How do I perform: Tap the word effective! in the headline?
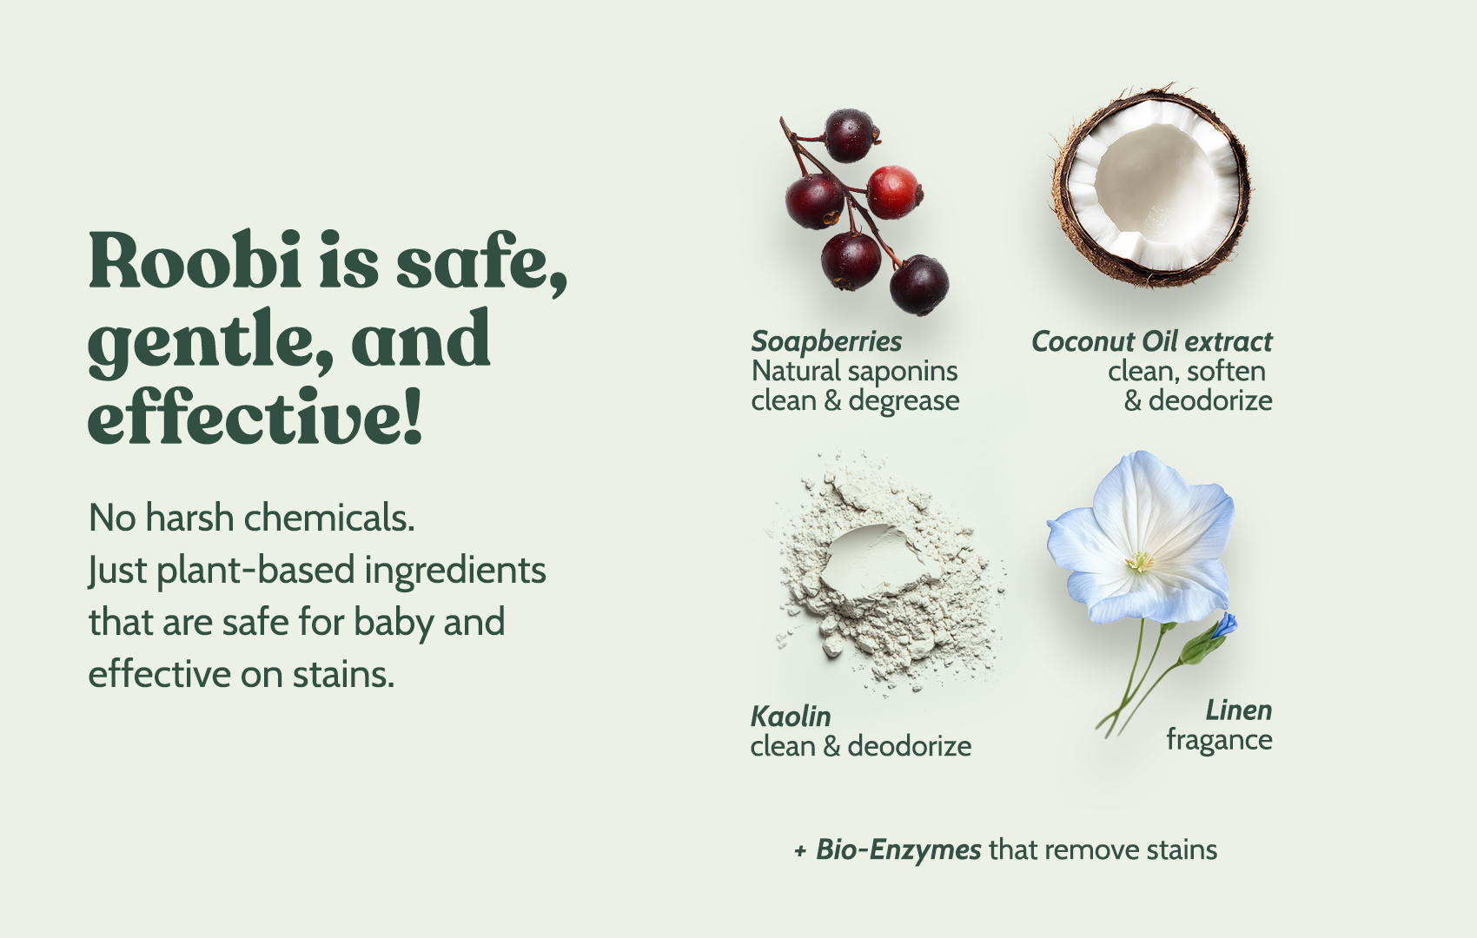coord(255,416)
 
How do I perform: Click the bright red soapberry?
coord(893,192)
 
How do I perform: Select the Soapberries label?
coord(826,341)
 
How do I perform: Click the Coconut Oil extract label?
coord(1152,341)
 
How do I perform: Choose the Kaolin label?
coord(791,717)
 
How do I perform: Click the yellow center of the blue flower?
coord(1139,562)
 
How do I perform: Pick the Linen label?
coord(1239,710)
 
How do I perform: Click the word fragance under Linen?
coord(1219,740)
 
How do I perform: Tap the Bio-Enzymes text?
coord(898,849)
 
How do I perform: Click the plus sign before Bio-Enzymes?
coord(800,851)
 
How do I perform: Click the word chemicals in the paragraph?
coord(329,518)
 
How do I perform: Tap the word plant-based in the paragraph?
coord(256,571)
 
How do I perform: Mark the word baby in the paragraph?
coord(394,622)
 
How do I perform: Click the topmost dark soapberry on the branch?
coord(850,135)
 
